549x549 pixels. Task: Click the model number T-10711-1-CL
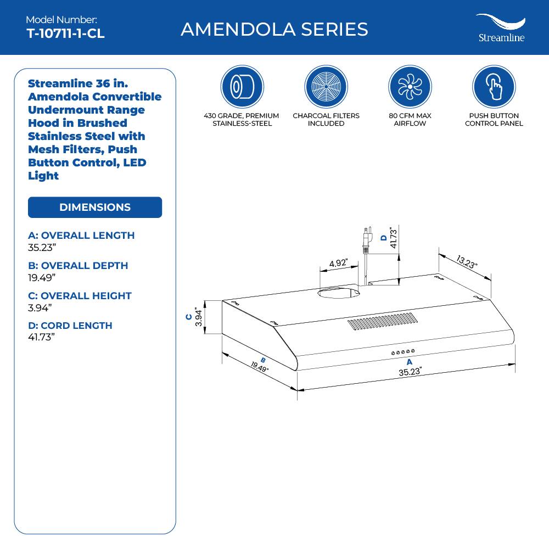[65, 33]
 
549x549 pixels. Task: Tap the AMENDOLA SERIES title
[274, 29]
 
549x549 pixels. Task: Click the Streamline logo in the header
[500, 28]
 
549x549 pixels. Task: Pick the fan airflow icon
[410, 87]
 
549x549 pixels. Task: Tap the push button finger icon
[494, 87]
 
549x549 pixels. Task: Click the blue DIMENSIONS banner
[95, 208]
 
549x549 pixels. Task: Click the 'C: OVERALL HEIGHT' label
[80, 295]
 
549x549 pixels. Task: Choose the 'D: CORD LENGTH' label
[70, 326]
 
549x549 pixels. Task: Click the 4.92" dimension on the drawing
[338, 263]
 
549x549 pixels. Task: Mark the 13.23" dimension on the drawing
[466, 261]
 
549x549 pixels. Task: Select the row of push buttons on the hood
[403, 351]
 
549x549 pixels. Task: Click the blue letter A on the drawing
[409, 362]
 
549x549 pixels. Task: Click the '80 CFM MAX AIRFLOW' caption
[410, 120]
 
